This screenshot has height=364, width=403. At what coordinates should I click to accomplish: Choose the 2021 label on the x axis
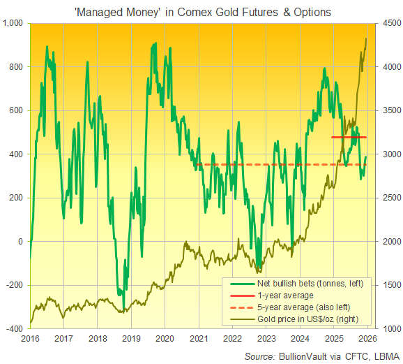(199, 338)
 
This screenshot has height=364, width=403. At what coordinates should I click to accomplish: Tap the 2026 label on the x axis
(367, 338)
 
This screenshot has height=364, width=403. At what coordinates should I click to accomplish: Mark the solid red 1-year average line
(349, 137)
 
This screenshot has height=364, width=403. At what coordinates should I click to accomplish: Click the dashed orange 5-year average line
(279, 164)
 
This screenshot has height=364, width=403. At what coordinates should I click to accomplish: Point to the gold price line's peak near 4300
(367, 39)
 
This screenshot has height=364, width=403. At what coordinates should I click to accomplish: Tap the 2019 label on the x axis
(131, 338)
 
